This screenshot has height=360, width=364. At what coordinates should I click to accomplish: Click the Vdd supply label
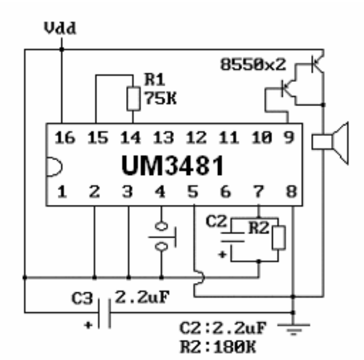click(60, 28)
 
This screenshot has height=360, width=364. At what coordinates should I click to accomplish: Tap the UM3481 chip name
click(173, 166)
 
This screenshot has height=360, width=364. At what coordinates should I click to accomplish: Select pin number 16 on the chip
click(65, 137)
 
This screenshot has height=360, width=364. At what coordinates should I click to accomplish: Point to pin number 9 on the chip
click(289, 137)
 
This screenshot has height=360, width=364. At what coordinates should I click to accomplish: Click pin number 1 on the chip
click(62, 192)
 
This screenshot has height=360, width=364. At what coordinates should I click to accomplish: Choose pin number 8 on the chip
click(291, 192)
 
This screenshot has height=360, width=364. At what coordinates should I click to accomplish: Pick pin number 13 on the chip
click(163, 137)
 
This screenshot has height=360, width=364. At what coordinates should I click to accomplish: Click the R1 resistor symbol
click(134, 99)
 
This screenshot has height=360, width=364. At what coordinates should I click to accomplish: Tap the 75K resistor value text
click(160, 98)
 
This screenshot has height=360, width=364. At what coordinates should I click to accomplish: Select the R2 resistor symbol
click(278, 238)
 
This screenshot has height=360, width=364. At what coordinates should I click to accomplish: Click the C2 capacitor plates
click(232, 237)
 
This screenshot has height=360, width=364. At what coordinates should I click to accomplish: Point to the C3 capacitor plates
click(104, 313)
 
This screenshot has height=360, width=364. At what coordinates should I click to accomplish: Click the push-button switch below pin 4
click(162, 236)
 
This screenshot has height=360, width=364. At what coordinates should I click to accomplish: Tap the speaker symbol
click(330, 143)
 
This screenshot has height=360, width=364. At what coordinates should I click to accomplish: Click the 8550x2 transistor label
click(253, 65)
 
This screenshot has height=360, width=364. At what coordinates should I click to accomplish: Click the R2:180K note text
click(218, 347)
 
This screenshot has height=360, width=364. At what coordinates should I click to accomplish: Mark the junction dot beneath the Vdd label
click(61, 49)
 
